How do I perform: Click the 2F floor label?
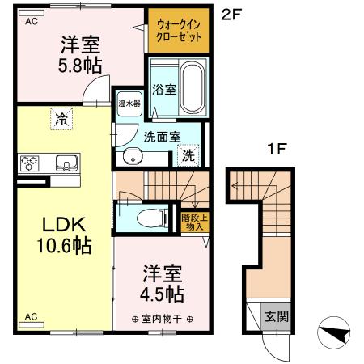pos(230,14)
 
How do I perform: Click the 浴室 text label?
pos(164,90)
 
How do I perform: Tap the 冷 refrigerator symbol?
pos(61,119)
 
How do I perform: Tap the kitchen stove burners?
pos(30,163)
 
